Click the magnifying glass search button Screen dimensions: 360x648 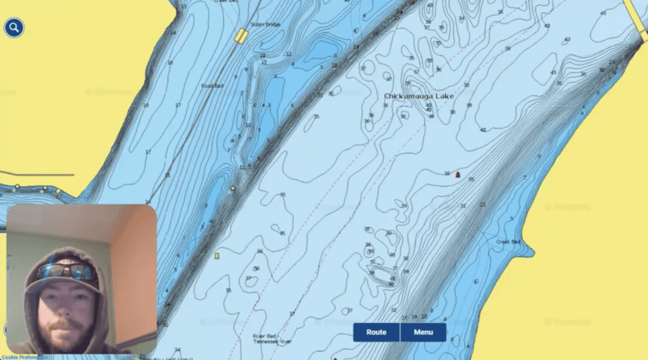pyautogui.click(x=14, y=28)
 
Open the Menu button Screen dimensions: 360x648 pyautogui.click(x=423, y=332)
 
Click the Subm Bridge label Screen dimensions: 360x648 pyautogui.click(x=265, y=25)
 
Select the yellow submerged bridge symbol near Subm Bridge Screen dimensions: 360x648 pyautogui.click(x=240, y=36)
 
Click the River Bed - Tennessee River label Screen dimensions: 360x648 pyautogui.click(x=271, y=339)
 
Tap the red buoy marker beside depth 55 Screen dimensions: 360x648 pyautogui.click(x=458, y=174)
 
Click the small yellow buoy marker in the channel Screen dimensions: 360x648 pyautogui.click(x=217, y=256)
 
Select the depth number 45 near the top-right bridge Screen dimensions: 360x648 pyautogui.click(x=602, y=13)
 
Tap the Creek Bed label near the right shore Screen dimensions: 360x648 pyautogui.click(x=508, y=242)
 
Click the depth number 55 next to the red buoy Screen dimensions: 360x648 pyautogui.click(x=471, y=180)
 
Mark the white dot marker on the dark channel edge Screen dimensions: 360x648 pyautogui.click(x=233, y=189)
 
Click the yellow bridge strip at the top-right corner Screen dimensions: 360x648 pyautogui.click(x=636, y=13)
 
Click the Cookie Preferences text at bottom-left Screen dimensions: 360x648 pyautogui.click(x=22, y=357)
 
